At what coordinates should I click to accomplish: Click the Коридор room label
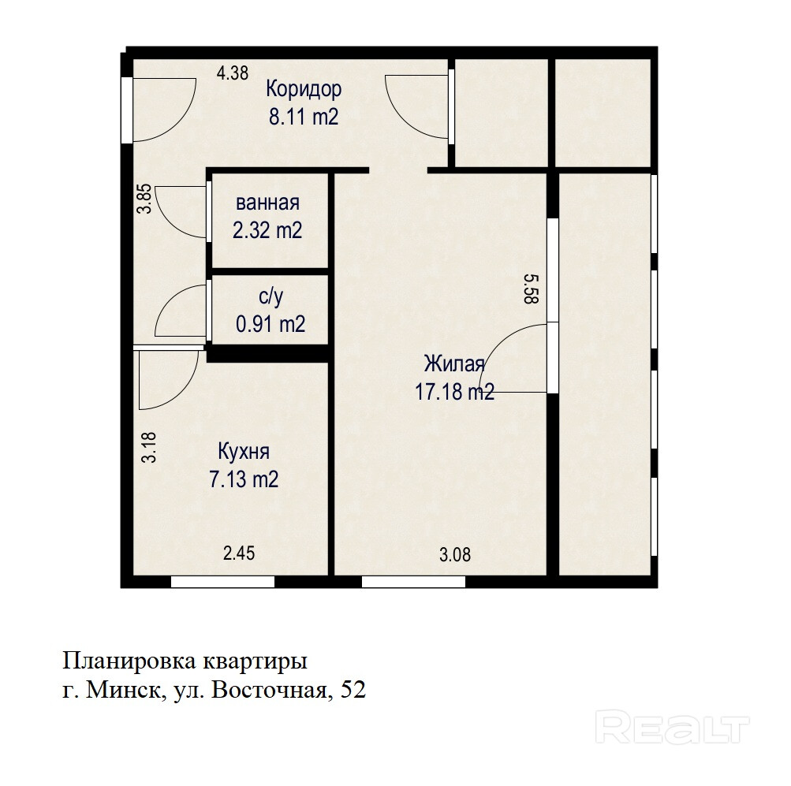(x=304, y=89)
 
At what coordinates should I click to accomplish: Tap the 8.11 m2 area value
(x=304, y=117)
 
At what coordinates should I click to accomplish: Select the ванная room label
(x=267, y=203)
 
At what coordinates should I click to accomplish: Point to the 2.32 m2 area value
(x=267, y=230)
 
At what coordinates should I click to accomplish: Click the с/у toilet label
(x=271, y=296)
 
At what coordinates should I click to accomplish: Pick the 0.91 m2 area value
(x=271, y=324)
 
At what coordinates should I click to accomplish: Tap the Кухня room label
(x=244, y=451)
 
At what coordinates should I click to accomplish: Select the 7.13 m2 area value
(x=244, y=479)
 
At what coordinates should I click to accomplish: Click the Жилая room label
(x=454, y=363)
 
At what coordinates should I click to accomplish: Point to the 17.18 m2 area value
(x=454, y=391)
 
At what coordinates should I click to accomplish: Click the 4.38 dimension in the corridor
(x=233, y=73)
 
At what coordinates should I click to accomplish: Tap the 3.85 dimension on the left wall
(x=145, y=199)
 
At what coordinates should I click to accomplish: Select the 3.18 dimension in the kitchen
(x=149, y=448)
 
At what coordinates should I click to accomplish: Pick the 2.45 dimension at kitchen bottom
(x=239, y=553)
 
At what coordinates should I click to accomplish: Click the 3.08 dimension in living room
(x=455, y=555)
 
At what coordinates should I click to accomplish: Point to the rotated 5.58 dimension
(x=532, y=289)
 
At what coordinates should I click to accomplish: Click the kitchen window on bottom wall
(x=222, y=582)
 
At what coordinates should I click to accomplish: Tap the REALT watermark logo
(x=673, y=727)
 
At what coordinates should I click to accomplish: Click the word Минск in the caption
(x=125, y=690)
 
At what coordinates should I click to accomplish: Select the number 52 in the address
(x=353, y=690)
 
